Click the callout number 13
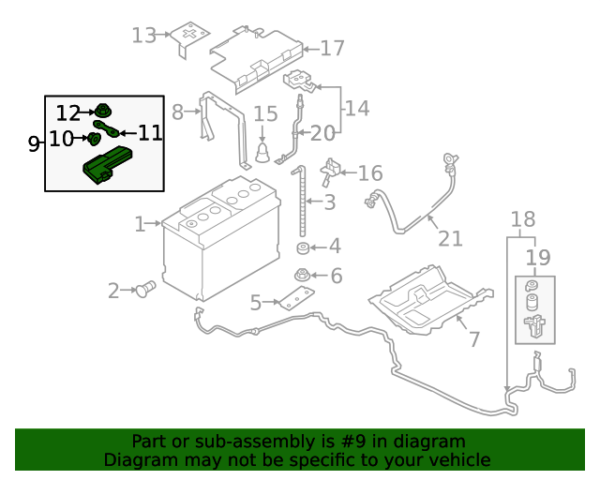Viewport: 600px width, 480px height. pyautogui.click(x=143, y=36)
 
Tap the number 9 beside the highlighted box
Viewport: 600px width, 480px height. pyautogui.click(x=34, y=143)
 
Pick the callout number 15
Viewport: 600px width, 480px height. pyautogui.click(x=265, y=113)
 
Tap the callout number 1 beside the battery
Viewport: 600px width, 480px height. pyautogui.click(x=140, y=224)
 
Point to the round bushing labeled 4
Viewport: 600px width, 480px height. pyautogui.click(x=303, y=248)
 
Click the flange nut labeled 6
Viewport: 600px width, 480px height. pyautogui.click(x=303, y=276)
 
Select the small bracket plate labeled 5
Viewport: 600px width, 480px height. pyautogui.click(x=292, y=300)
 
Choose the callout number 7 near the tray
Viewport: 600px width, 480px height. pyautogui.click(x=473, y=339)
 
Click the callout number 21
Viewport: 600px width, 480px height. pyautogui.click(x=450, y=238)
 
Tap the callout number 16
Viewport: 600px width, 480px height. pyautogui.click(x=370, y=172)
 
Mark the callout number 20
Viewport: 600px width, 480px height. pyautogui.click(x=322, y=132)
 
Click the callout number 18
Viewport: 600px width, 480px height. pyautogui.click(x=523, y=219)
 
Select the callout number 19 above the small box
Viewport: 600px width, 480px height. pyautogui.click(x=537, y=257)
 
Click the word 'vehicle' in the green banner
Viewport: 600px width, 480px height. pyautogui.click(x=457, y=459)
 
